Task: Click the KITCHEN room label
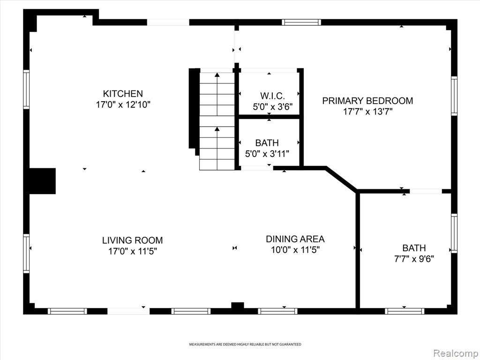click(x=123, y=93)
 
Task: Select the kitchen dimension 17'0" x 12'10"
click(x=123, y=105)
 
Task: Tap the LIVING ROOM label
click(x=133, y=240)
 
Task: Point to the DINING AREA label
click(x=295, y=239)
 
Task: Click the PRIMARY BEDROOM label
click(x=367, y=101)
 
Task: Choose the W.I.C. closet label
click(x=273, y=96)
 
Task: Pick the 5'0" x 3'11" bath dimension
click(x=267, y=154)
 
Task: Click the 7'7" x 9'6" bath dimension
click(x=414, y=259)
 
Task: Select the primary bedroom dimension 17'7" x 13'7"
click(x=367, y=112)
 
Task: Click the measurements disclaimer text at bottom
click(x=245, y=345)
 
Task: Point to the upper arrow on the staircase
click(x=217, y=94)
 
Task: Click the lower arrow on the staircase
click(x=217, y=148)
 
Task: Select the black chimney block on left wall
click(x=42, y=181)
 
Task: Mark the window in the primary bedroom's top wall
click(x=301, y=22)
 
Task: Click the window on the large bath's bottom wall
click(x=405, y=311)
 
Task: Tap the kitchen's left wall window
click(x=26, y=90)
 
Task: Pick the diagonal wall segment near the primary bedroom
click(x=341, y=179)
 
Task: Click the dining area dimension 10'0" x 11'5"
click(x=295, y=250)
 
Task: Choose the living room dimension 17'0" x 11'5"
click(x=133, y=251)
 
